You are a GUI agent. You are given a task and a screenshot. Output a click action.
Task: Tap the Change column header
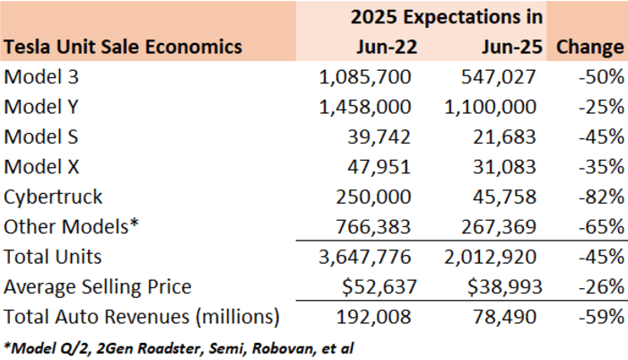tap(590, 47)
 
